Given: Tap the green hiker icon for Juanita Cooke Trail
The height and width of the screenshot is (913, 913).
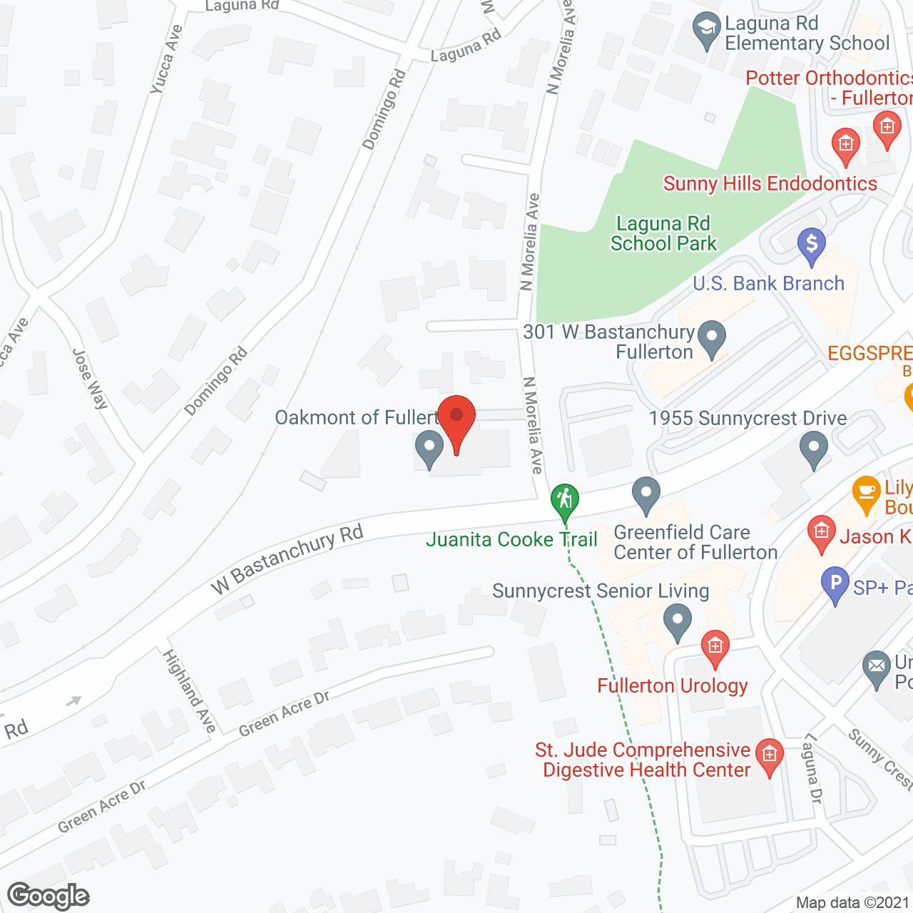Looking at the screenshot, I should click(x=565, y=501).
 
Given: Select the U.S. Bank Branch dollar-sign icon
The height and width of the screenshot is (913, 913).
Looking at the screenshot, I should click(x=812, y=245).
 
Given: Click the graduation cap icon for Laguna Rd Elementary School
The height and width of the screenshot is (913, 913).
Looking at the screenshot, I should click(x=706, y=30).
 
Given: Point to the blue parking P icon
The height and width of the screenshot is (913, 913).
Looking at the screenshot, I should click(x=835, y=585).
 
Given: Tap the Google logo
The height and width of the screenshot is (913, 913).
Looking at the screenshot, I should click(x=49, y=896).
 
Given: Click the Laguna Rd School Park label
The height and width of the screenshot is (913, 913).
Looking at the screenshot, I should click(x=663, y=234).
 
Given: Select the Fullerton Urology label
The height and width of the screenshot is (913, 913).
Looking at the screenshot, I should click(x=673, y=686).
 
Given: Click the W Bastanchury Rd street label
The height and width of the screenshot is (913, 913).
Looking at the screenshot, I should click(x=287, y=559).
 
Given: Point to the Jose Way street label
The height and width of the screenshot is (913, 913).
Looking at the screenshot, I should click(x=91, y=378).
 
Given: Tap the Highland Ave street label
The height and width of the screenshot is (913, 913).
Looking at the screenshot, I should click(x=189, y=690).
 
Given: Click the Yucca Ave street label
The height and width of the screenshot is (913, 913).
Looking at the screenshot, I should click(x=166, y=60).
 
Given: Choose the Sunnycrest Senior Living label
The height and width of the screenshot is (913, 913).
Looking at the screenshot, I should click(x=601, y=591).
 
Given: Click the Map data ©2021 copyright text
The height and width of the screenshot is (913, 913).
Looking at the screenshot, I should click(x=853, y=903).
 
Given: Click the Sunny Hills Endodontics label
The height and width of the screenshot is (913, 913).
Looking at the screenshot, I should click(x=770, y=184).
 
